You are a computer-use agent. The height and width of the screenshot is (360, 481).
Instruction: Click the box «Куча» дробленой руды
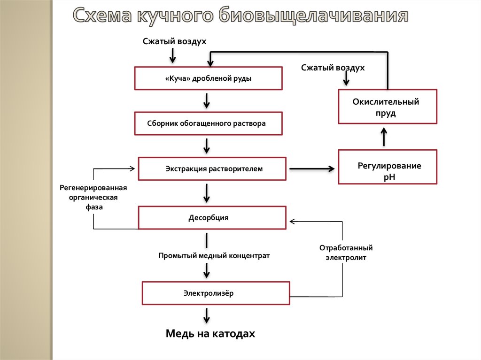209,78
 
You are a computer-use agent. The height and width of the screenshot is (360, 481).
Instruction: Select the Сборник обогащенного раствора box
209,123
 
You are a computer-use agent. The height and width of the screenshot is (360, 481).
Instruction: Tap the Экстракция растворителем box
212,169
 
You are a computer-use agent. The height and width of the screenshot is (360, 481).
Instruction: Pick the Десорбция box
212,218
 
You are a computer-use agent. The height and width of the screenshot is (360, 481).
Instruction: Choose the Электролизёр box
216,293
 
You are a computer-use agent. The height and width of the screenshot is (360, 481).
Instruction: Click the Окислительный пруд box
388,107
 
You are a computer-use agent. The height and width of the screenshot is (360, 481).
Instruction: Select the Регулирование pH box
388,167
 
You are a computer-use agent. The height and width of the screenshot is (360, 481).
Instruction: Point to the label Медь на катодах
210,334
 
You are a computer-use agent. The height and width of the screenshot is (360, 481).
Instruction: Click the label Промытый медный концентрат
214,256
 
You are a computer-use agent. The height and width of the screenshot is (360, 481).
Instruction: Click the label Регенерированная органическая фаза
93,197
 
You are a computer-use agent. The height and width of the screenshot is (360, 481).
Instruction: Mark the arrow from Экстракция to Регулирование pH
312,169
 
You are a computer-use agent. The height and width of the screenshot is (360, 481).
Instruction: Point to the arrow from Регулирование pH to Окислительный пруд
384,137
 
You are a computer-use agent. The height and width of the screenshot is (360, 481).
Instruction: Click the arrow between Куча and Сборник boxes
206,100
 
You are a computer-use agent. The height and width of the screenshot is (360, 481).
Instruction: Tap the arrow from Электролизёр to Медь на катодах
206,315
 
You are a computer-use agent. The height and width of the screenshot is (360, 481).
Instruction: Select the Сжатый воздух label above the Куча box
175,41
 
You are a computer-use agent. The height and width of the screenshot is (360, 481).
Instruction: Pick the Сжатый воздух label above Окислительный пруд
333,68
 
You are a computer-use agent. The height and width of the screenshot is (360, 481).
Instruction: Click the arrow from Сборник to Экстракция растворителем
206,146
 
